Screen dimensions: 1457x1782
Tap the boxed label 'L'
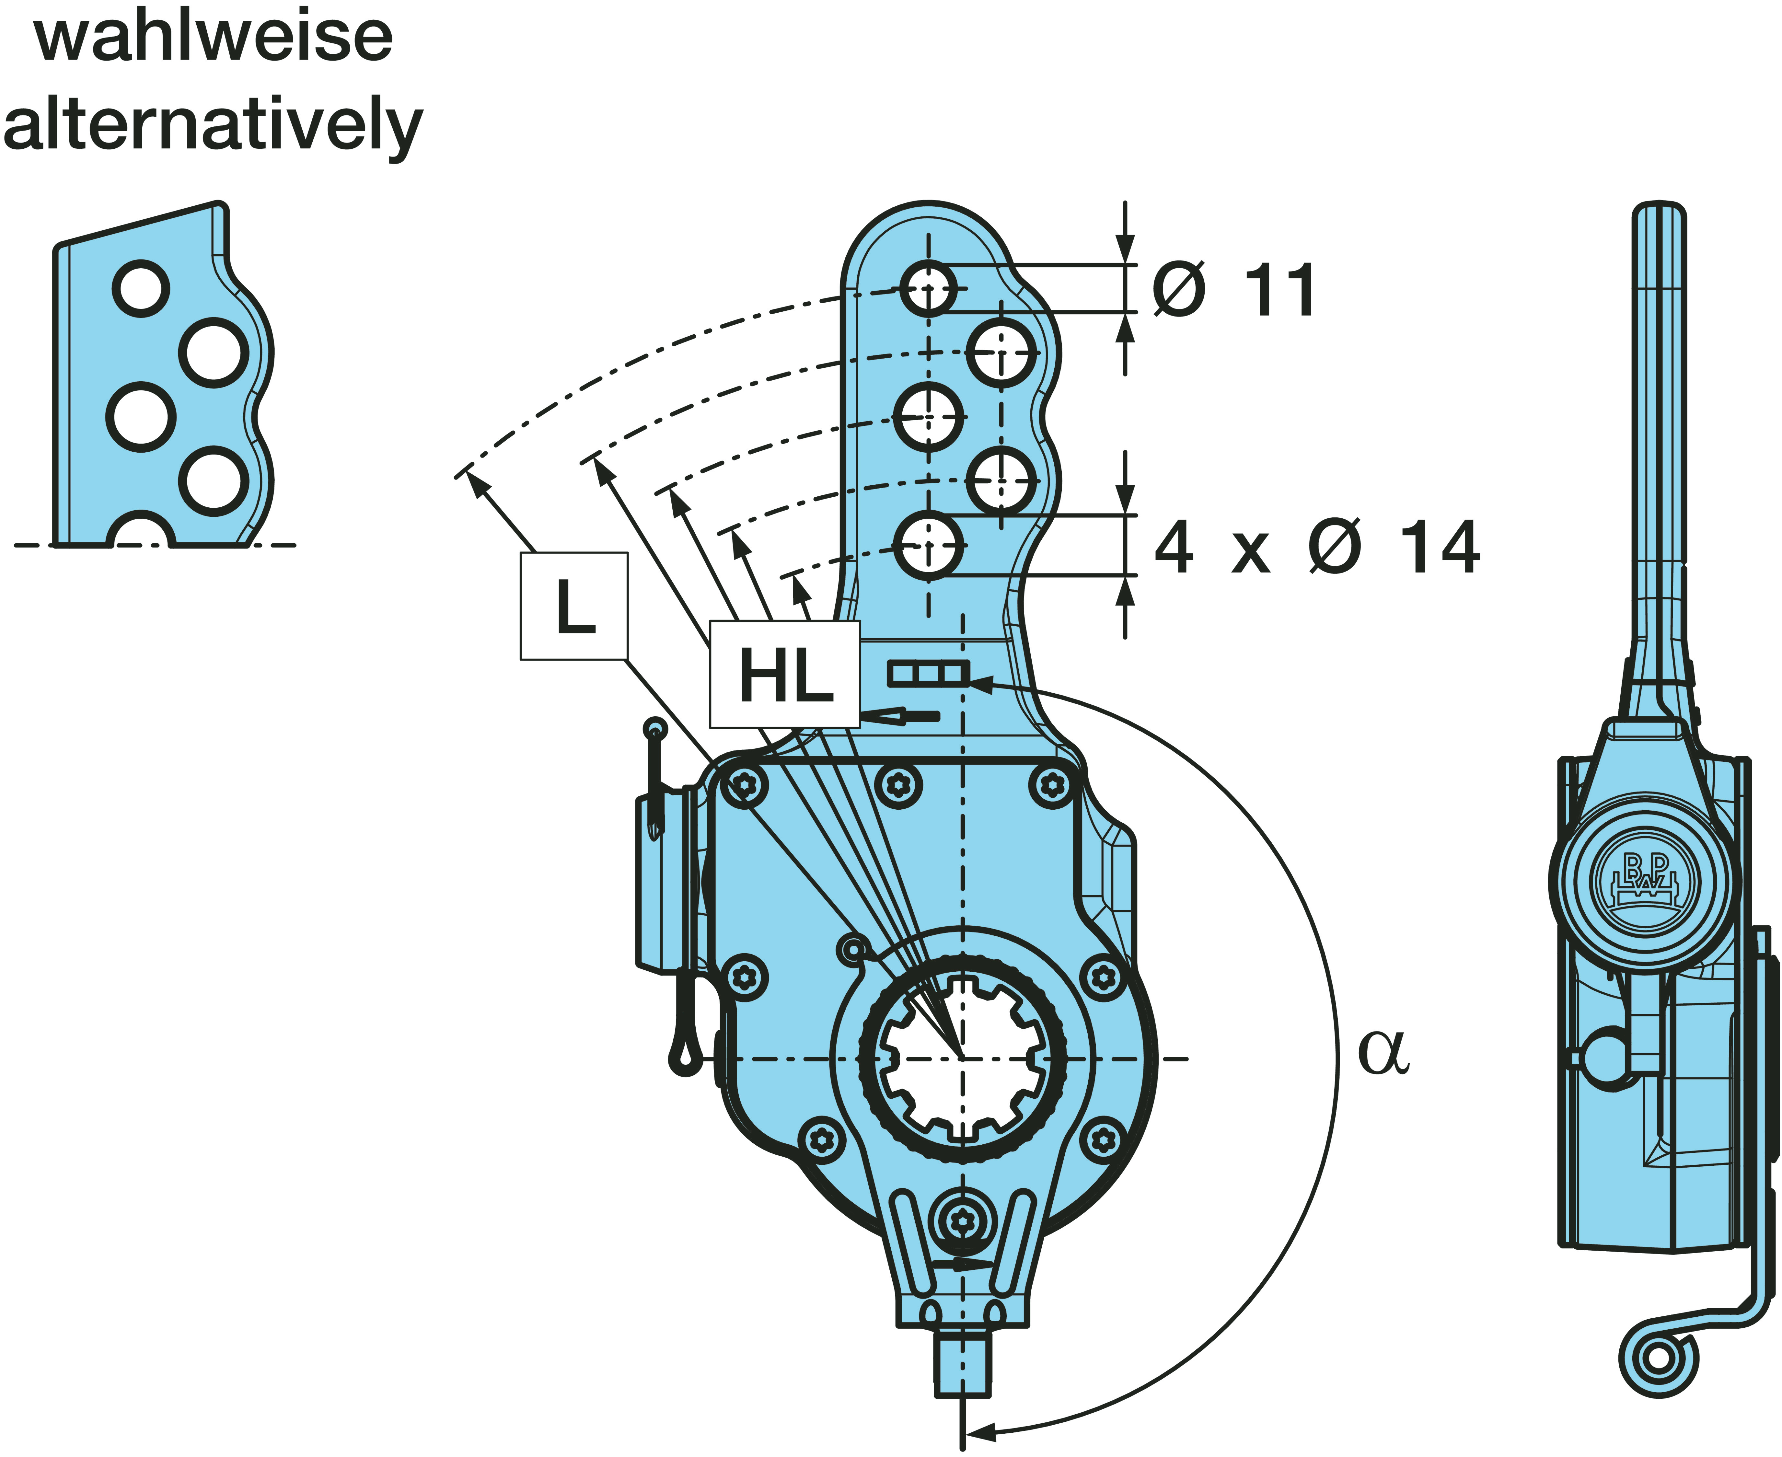click(574, 606)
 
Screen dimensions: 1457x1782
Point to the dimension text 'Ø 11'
click(1234, 290)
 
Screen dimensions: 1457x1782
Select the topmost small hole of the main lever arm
click(928, 288)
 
